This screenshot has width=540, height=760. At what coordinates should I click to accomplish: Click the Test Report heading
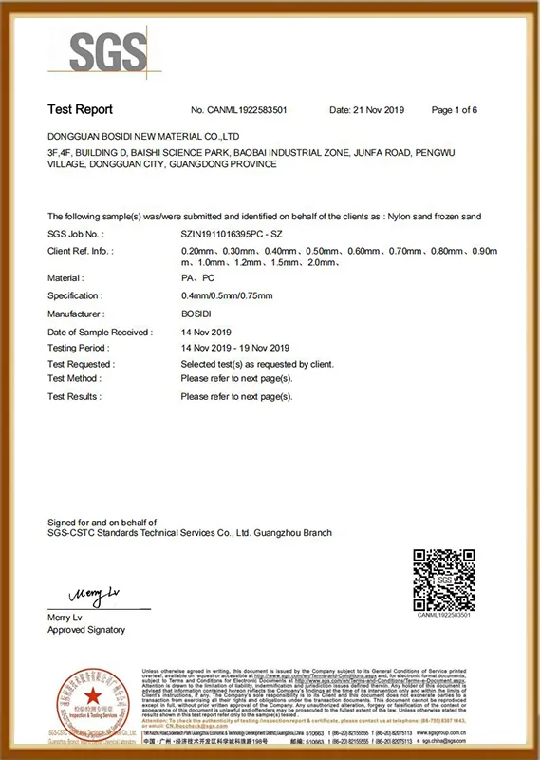pos(80,110)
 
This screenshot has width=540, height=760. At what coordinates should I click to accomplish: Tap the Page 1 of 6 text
pos(454,110)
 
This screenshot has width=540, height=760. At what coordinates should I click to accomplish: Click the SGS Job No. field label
pos(75,233)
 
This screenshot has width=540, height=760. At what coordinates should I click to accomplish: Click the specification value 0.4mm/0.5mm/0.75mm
pos(224,295)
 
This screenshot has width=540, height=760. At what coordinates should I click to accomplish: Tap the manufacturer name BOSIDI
pos(196,313)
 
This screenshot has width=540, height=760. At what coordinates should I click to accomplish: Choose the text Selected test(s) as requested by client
pos(256,364)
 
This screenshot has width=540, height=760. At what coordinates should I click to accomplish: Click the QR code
pos(444,579)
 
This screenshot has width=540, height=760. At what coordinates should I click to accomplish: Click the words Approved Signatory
pos(86,630)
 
